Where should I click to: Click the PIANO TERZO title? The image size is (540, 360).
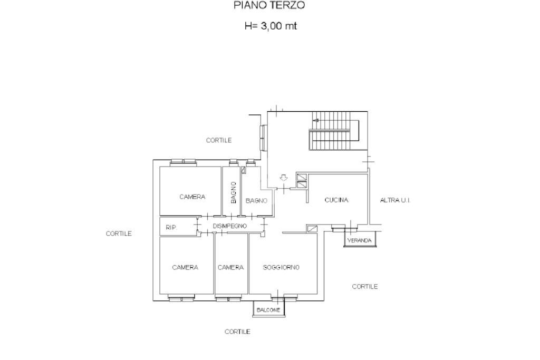coord(269,6)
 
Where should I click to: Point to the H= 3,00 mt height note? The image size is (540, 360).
coord(271,26)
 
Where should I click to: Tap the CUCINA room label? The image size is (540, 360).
coord(336,200)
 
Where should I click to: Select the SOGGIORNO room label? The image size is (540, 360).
coord(281,268)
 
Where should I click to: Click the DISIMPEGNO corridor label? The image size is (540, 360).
coord(230,226)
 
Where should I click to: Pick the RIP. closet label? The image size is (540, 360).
coord(171,228)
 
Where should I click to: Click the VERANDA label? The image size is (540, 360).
coord(359,241)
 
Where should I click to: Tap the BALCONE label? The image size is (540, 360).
coord(268,310)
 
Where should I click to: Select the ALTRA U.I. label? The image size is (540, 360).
coord(395,200)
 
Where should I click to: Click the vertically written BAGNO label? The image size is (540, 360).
coord(234,192)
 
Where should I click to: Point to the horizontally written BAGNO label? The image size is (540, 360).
coord(256,201)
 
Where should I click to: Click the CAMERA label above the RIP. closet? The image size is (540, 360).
coord(192,197)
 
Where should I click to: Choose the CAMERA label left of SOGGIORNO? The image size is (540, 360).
coord(231,268)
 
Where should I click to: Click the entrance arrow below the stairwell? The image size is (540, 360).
coord(283,178)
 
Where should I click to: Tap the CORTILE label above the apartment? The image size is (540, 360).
coord(219,140)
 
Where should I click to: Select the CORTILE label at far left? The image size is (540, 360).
coord(119,233)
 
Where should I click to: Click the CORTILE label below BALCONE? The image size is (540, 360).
coord(237,332)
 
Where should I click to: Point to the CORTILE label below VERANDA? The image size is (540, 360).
coord(365,287)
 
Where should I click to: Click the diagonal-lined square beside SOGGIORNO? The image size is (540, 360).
coord(313,229)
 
